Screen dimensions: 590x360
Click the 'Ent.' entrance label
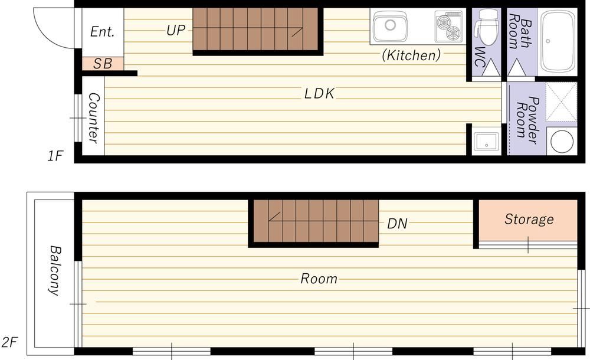(102, 32)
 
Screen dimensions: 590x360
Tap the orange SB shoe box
(103, 64)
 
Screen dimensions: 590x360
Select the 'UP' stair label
(176, 31)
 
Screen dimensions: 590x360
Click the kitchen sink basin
(390, 26)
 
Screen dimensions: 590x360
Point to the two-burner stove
(448, 27)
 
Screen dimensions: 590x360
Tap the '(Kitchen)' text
(411, 55)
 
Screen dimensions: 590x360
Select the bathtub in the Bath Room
(558, 41)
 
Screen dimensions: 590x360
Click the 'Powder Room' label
(527, 120)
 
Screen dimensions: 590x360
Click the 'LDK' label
(319, 94)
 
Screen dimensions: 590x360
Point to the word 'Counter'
(93, 118)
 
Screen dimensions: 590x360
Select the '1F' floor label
(55, 156)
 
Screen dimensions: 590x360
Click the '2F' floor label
(9, 342)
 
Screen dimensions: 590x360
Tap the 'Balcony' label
(55, 270)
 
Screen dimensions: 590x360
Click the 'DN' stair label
(397, 224)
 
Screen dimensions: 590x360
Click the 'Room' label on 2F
(319, 279)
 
